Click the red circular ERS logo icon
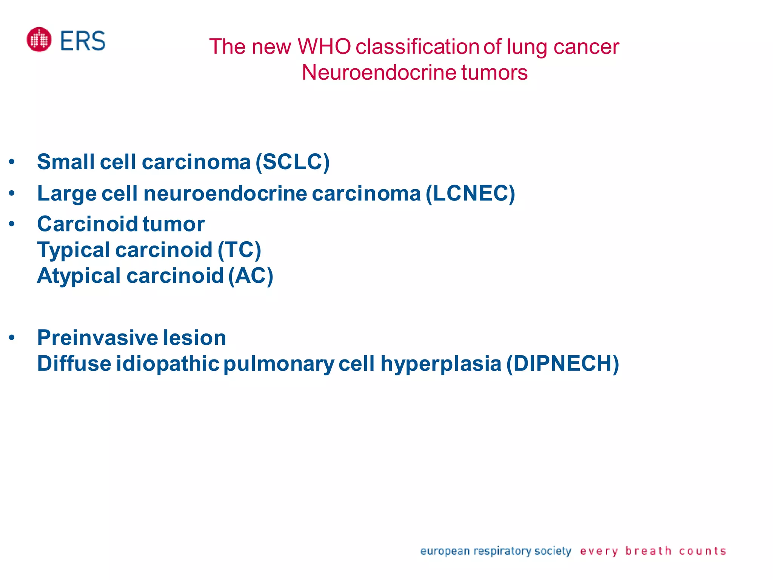(x=39, y=40)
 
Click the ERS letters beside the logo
(x=83, y=41)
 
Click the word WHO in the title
(x=324, y=47)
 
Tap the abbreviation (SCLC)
(x=293, y=162)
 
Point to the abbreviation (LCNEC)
(x=470, y=193)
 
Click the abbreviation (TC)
(x=239, y=250)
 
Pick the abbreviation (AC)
(x=251, y=276)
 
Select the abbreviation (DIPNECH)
(x=562, y=364)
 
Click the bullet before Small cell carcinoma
(x=12, y=162)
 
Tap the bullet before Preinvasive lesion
(x=12, y=338)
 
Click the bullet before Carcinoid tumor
(x=12, y=224)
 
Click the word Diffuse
(x=74, y=364)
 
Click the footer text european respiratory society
(x=495, y=551)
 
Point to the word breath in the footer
(x=648, y=551)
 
